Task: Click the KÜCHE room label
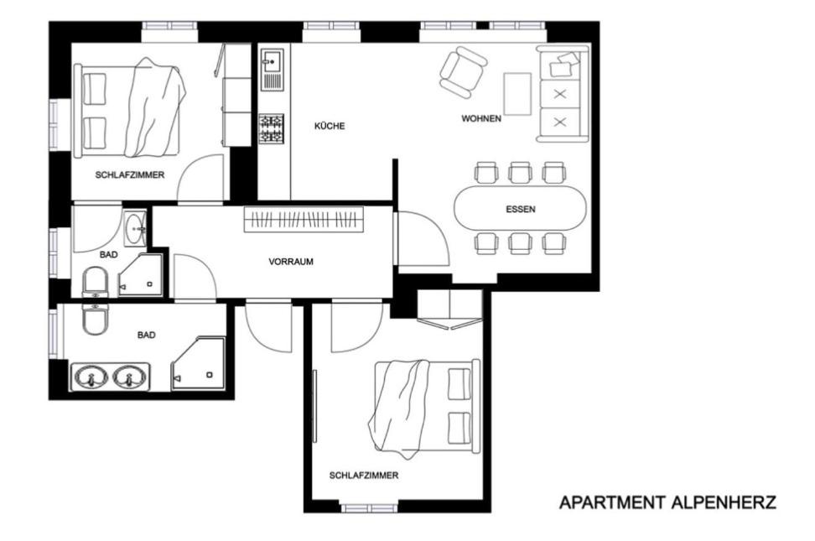330,126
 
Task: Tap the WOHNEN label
481,118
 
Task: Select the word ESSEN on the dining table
521,210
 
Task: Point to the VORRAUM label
291,262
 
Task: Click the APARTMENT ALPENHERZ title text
668,502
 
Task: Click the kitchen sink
272,69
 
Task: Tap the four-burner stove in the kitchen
272,129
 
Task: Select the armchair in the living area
464,72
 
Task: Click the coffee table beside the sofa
517,94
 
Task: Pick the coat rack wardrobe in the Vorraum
304,219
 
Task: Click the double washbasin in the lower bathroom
110,377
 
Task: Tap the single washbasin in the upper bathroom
136,228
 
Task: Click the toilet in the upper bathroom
95,282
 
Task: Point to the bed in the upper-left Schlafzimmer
129,110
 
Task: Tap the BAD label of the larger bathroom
147,336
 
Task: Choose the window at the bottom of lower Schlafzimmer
369,507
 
